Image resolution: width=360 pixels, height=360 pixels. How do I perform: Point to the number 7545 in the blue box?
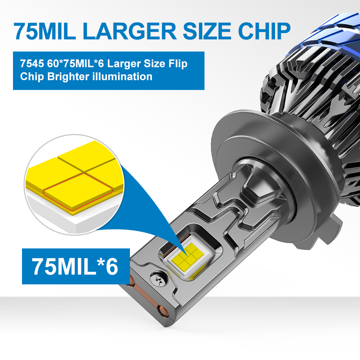(32, 64)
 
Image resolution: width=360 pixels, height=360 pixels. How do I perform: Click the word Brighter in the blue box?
(68, 77)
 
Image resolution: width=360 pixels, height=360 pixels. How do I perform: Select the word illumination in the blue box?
(122, 76)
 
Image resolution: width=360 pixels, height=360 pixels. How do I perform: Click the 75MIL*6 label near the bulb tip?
(75, 266)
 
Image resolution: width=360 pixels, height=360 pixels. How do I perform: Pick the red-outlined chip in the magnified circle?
(78, 192)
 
